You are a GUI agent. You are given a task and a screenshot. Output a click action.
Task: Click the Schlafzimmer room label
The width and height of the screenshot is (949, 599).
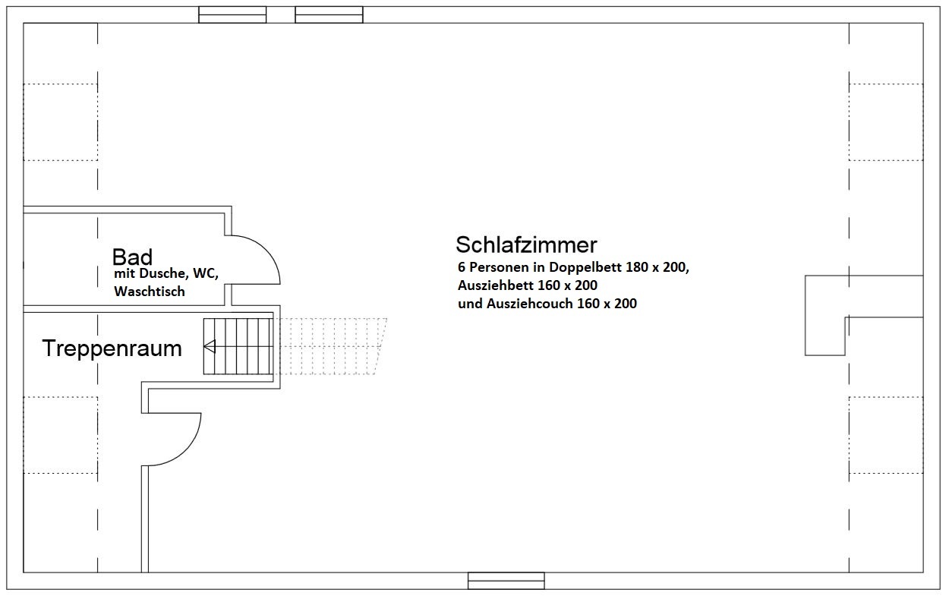(526, 244)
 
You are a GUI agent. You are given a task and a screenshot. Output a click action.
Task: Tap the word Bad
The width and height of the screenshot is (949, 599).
(132, 257)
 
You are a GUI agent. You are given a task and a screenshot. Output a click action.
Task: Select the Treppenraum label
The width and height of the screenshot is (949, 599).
(112, 348)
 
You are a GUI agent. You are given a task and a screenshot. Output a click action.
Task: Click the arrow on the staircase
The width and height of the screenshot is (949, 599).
(238, 346)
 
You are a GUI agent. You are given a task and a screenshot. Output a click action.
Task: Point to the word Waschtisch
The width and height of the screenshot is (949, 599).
(150, 292)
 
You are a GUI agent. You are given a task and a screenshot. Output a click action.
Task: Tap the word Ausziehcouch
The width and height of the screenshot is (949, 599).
(530, 304)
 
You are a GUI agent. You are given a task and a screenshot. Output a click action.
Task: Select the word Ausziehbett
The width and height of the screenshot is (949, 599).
(496, 285)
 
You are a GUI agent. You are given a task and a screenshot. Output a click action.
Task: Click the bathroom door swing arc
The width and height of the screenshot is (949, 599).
(265, 251)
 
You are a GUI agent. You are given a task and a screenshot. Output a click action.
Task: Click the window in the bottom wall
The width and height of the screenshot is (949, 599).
(506, 581)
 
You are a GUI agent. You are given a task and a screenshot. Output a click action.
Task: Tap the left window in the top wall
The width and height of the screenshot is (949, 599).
(232, 14)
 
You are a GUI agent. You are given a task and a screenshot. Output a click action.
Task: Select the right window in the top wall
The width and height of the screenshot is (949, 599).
(329, 14)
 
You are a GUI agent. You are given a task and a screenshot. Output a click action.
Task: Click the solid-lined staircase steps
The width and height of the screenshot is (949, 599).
(238, 346)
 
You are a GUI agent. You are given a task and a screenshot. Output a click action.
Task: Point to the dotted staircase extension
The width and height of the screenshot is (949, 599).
(330, 346)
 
